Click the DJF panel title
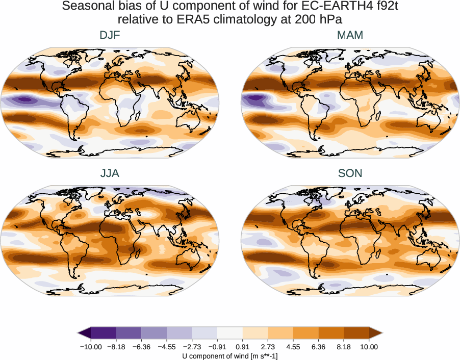[x=110, y=35]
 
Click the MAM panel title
[x=350, y=35]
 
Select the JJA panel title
[x=110, y=173]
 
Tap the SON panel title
[x=350, y=173]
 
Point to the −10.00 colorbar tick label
[x=91, y=347]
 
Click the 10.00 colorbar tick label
[x=369, y=347]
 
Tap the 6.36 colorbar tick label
[x=319, y=347]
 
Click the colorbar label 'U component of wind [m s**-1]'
[x=230, y=355]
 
